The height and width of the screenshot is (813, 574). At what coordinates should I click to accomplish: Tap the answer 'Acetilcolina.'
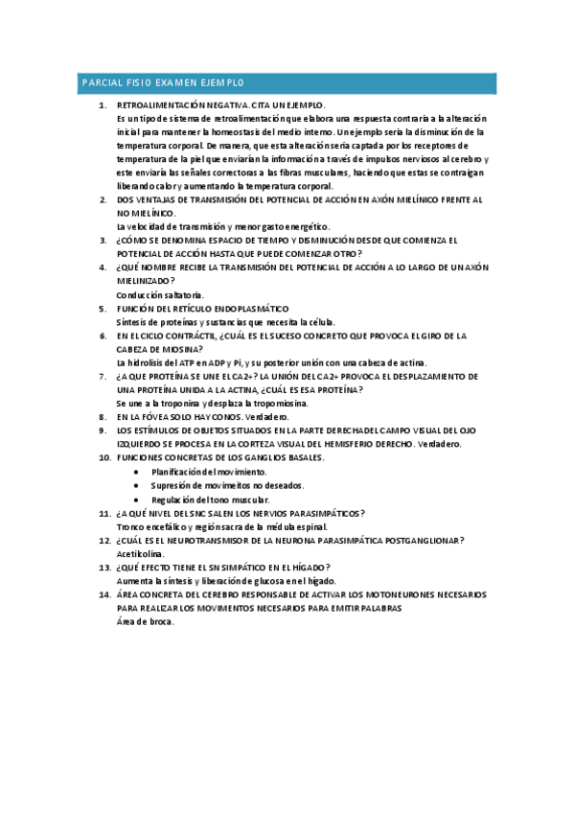coord(140,554)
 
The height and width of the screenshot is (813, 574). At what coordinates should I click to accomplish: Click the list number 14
coord(104,595)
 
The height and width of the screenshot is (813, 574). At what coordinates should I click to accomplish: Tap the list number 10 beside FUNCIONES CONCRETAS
coord(104,458)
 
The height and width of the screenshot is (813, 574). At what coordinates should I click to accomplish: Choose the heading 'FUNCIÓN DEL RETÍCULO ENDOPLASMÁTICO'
coord(202,309)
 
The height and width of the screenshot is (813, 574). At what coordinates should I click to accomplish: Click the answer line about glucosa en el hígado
coord(226,581)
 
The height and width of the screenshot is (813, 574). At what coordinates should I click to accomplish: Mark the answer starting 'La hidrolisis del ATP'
coord(230,363)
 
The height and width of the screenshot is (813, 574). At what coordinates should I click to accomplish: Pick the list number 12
coord(104,541)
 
